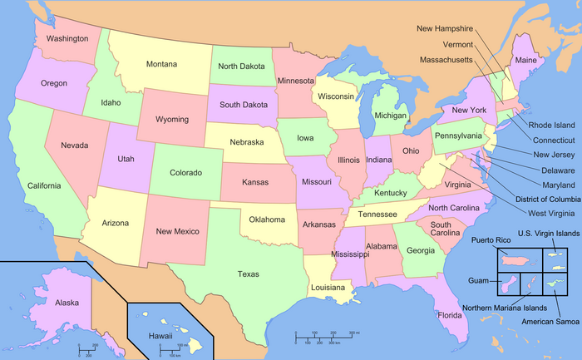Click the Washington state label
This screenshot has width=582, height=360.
click(x=67, y=38)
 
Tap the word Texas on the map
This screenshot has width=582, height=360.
click(x=248, y=274)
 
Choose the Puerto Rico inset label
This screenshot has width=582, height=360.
click(x=490, y=239)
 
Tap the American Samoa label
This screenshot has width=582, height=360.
click(x=549, y=321)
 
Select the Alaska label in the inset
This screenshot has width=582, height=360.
click(x=67, y=303)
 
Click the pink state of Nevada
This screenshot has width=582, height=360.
click(x=74, y=145)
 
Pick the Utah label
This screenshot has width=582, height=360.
click(x=126, y=158)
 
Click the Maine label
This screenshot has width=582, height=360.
click(x=526, y=61)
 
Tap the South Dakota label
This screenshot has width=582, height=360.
click(x=244, y=106)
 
